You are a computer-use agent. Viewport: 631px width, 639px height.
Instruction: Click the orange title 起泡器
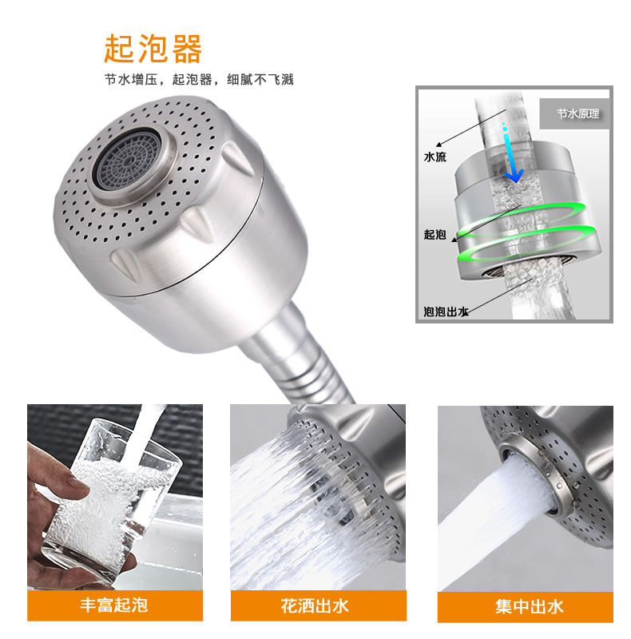tap(153, 49)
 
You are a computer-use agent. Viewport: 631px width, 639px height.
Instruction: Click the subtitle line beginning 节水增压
tap(199, 79)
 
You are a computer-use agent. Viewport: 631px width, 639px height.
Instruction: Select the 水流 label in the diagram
tap(435, 157)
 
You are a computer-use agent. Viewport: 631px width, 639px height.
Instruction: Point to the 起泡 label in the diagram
tap(435, 234)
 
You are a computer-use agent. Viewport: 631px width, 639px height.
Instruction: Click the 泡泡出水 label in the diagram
tap(446, 312)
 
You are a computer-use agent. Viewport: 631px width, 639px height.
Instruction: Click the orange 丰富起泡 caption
tap(114, 605)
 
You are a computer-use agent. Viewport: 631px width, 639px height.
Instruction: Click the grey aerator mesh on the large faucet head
tap(128, 161)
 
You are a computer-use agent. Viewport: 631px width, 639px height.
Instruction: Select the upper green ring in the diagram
tap(522, 219)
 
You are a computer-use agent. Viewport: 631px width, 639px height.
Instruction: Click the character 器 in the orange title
tap(187, 49)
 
